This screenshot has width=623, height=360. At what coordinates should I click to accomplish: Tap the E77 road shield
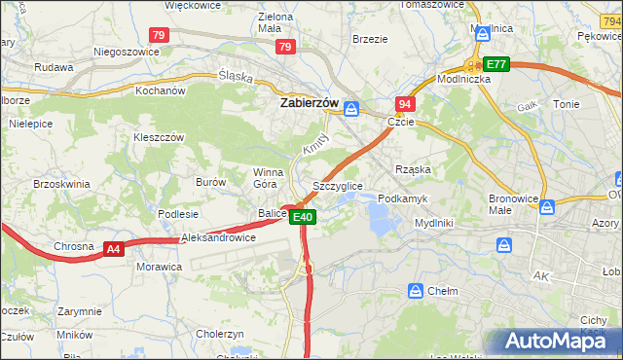[496, 64]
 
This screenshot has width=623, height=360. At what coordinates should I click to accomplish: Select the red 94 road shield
[405, 104]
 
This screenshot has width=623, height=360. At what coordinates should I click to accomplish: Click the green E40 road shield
[302, 217]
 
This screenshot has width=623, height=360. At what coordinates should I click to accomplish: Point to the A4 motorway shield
[114, 249]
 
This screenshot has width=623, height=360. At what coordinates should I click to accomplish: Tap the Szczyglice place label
[338, 186]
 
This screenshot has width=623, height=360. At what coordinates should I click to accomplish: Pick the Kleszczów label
[159, 138]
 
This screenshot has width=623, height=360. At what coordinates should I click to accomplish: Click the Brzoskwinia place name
[61, 183]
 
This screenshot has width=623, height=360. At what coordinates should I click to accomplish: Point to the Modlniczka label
[462, 79]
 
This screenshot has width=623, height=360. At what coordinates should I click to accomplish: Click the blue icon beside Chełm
[417, 290]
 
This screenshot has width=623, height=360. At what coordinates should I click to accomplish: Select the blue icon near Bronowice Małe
[547, 206]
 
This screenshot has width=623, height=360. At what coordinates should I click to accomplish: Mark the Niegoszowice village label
[125, 52]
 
